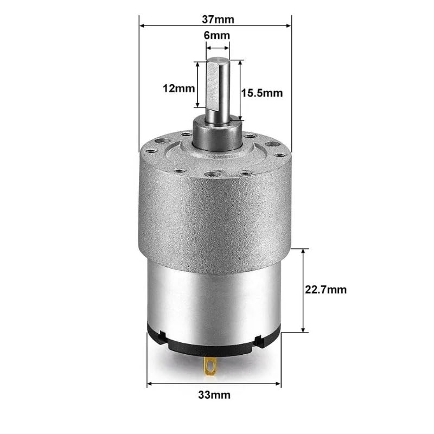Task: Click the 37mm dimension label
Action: [x=216, y=20]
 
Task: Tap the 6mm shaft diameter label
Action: [x=217, y=35]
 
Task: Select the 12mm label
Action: [x=173, y=88]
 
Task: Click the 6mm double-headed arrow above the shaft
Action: [x=218, y=47]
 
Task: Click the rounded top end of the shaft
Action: [x=217, y=59]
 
